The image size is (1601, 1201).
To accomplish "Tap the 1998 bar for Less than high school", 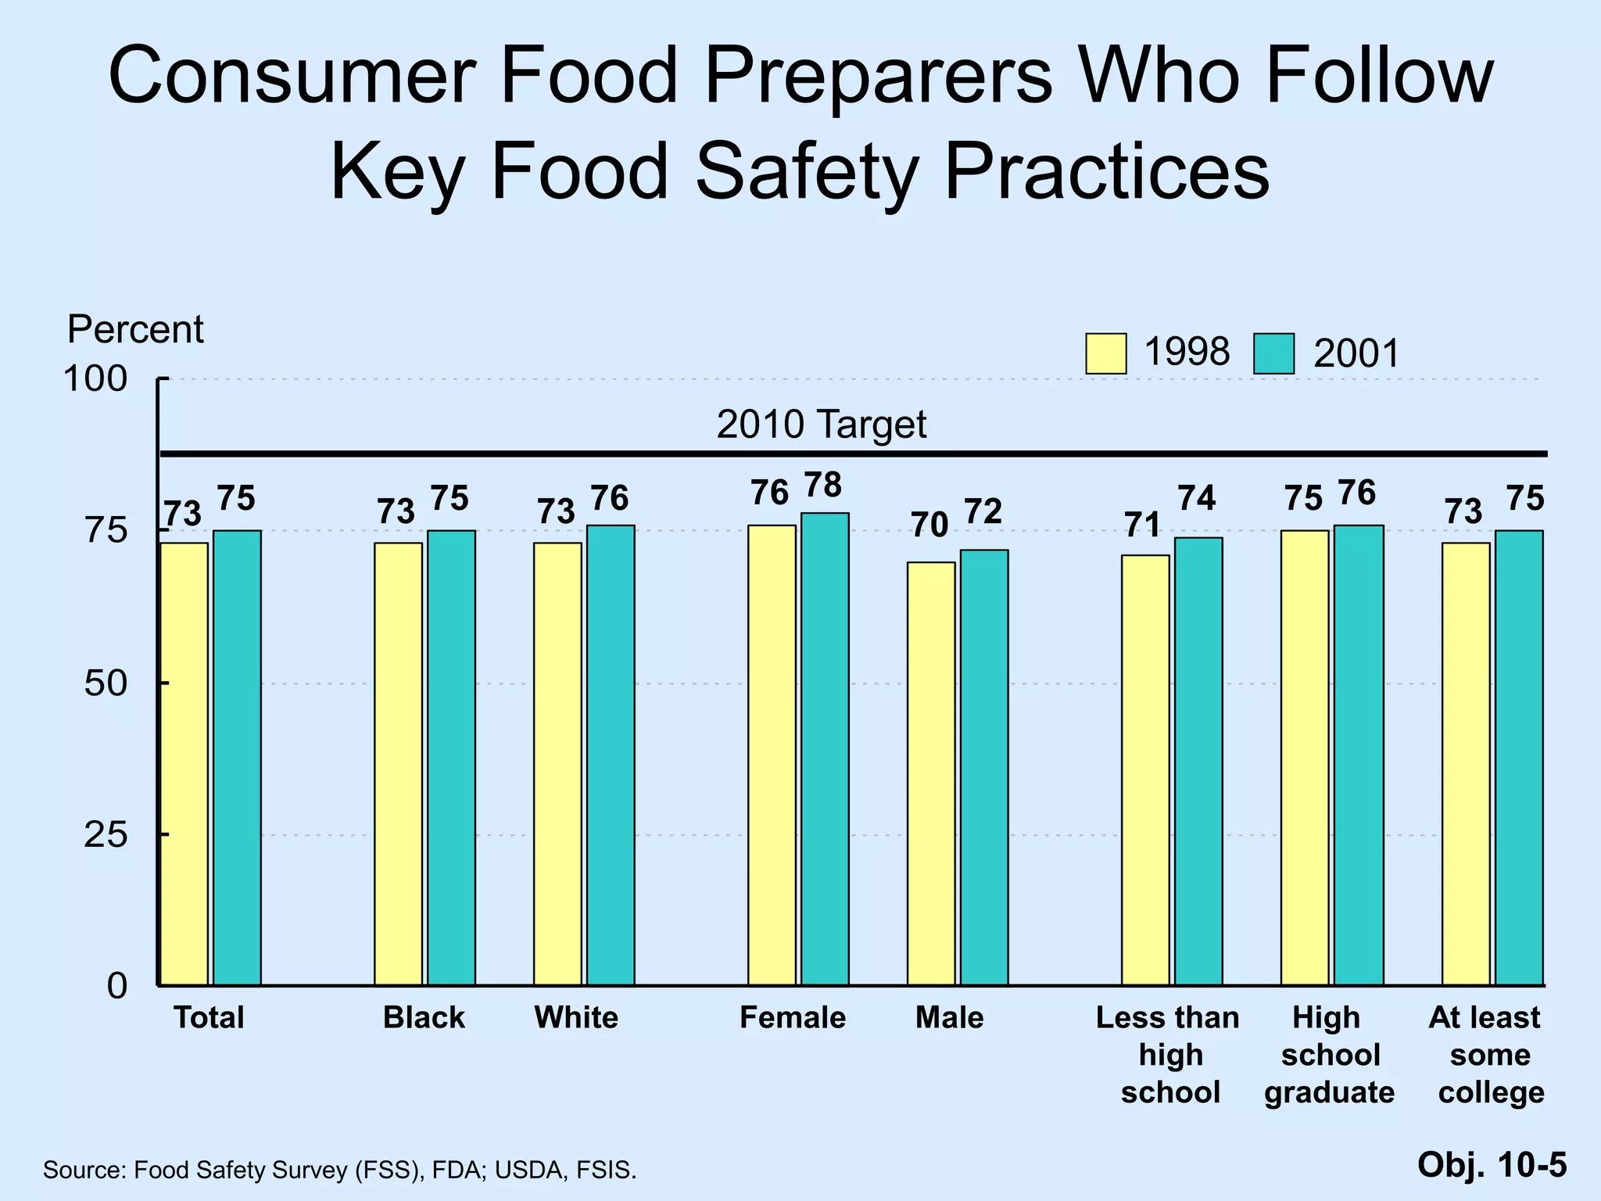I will (1145, 769).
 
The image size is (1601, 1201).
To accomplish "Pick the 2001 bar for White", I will (611, 755).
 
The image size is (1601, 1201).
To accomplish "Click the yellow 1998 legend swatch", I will (1105, 353).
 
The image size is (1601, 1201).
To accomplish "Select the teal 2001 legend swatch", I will (1273, 353).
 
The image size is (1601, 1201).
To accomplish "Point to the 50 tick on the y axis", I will (106, 683).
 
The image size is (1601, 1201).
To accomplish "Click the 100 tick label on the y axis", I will (95, 380).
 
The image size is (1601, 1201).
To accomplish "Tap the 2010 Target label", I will (821, 425).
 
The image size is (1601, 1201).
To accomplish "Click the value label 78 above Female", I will (823, 486).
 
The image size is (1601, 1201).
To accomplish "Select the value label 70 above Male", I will (929, 525).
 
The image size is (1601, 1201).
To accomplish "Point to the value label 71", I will (1143, 525).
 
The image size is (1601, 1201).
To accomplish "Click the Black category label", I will (424, 1017).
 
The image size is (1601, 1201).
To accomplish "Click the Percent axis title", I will (135, 329).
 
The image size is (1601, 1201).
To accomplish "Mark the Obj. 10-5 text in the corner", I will (1492, 1164).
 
